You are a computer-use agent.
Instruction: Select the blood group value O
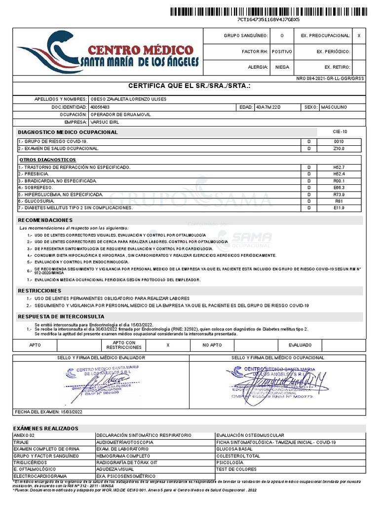click(x=282, y=36)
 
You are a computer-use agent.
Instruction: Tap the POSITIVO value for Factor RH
click(x=282, y=51)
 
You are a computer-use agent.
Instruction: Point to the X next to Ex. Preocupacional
click(x=359, y=36)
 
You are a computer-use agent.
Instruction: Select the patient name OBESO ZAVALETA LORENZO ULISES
click(x=128, y=99)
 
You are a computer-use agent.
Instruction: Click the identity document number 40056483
click(x=100, y=107)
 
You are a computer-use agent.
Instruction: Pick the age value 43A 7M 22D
click(x=268, y=107)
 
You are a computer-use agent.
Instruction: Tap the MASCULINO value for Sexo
click(x=334, y=107)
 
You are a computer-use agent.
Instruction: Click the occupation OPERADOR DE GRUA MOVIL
click(x=120, y=115)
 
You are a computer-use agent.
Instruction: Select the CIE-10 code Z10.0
click(x=340, y=148)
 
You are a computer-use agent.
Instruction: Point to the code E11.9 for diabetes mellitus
click(x=340, y=208)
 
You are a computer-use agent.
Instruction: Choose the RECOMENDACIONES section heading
click(x=45, y=220)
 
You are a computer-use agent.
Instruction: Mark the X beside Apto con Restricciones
click(x=168, y=345)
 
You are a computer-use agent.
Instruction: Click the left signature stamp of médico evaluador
click(x=99, y=380)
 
